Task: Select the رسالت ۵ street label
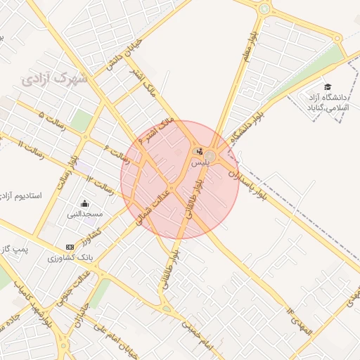[53, 120]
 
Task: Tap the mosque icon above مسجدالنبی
[85, 203]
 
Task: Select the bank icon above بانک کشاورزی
[69, 247]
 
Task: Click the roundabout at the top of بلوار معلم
[264, 9]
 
